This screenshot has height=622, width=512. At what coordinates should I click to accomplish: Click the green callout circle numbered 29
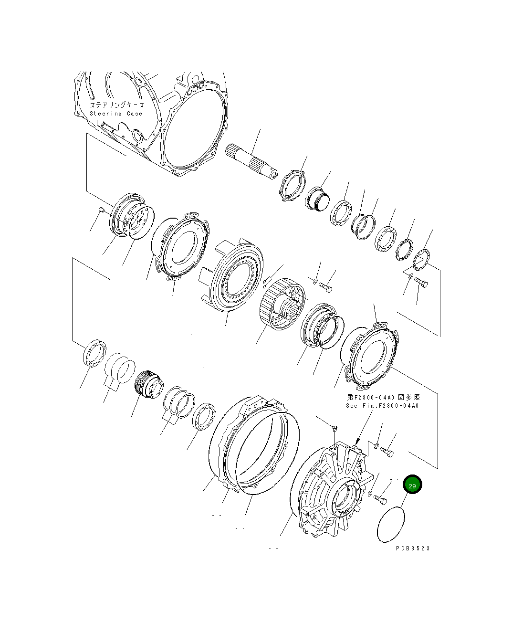tap(412, 485)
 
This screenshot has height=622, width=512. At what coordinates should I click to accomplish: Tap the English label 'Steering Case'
tap(116, 114)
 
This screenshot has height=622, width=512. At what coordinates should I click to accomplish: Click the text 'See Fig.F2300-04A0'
tap(382, 406)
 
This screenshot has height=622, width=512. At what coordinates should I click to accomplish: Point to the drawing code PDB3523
tap(413, 548)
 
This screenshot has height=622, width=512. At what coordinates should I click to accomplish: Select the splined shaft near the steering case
tap(251, 161)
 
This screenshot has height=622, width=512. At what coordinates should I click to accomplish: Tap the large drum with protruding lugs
tap(234, 277)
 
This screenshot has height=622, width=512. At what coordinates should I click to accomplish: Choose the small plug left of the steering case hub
tap(101, 210)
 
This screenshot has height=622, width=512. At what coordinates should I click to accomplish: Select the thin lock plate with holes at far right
tap(421, 259)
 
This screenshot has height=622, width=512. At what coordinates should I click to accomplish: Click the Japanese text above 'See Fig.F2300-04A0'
tap(383, 397)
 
